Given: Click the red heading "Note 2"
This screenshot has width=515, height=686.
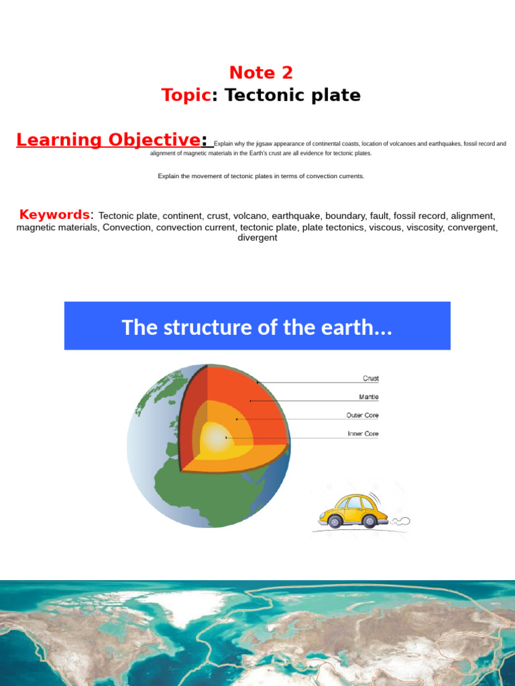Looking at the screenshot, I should tap(261, 72).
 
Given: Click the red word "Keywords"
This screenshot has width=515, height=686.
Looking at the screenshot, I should tap(54, 214).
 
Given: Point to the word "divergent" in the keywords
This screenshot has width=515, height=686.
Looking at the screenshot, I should tap(257, 238).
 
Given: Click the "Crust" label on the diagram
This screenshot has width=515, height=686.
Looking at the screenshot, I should tap(370, 379).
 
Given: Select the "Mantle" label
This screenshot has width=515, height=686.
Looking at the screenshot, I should tap(368, 397).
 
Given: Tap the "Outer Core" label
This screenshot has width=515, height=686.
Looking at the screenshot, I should tap(362, 415).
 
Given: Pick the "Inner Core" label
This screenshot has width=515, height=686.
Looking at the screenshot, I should tap(363, 433).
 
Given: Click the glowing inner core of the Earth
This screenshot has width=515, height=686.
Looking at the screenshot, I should tap(217, 439).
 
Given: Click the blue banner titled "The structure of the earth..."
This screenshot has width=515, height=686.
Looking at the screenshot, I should tap(257, 326).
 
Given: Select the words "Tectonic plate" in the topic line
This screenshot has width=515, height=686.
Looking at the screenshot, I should tap(292, 95).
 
